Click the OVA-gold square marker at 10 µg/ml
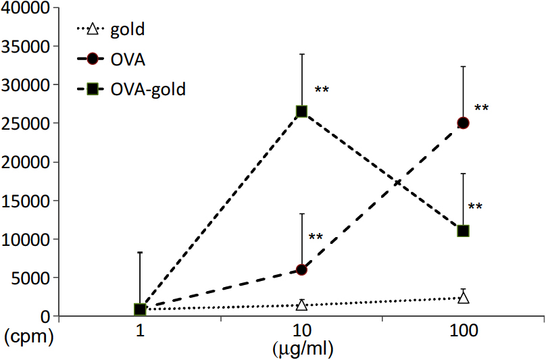coord(301,111)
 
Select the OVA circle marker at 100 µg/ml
coord(463,123)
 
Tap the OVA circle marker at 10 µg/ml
coord(301,269)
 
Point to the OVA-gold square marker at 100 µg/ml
coord(463,231)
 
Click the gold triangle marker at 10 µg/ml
coord(301,305)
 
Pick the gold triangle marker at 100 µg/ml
coord(463,298)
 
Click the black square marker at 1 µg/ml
coord(140,309)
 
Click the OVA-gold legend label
coord(148,88)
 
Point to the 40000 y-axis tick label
coord(27,8)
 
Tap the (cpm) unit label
coord(28,336)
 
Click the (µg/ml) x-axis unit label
coord(303,349)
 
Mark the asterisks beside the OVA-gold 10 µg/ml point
coord(322,90)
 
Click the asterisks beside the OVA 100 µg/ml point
coord(482,108)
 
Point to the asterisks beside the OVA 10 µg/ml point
coord(316,237)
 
